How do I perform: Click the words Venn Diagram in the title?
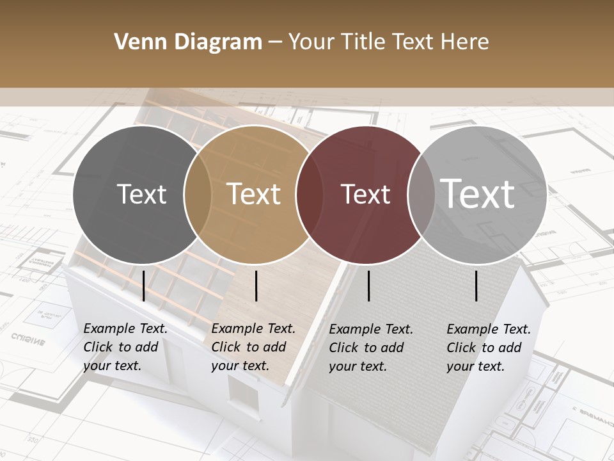point(188,42)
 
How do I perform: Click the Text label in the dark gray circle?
point(142,195)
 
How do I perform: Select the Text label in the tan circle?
point(254,195)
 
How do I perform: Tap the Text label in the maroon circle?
point(365,195)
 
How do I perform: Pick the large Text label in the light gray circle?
point(477,193)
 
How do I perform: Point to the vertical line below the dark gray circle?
point(144,286)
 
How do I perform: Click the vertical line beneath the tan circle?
point(256,286)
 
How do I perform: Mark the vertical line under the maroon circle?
point(369,286)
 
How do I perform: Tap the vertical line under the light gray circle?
point(476,286)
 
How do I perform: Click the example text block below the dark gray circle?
point(125,348)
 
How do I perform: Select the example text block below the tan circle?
point(253,348)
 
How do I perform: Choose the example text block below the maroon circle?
point(371,348)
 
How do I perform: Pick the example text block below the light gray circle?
point(489,348)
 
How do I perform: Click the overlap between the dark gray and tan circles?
point(198,195)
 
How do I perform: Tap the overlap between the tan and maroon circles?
point(309,195)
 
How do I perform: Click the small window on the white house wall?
point(244,394)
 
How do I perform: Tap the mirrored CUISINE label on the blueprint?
point(28,339)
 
